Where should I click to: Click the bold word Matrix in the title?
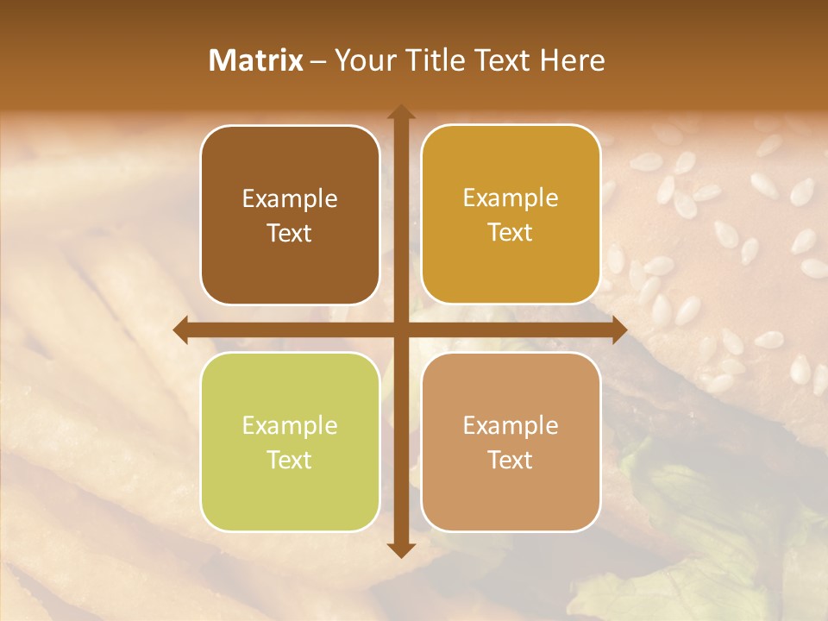256,60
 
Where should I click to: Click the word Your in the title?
362,60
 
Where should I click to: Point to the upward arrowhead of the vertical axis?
400,113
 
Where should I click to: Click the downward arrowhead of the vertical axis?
400,549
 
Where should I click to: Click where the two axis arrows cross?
400,329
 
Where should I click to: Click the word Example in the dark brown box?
290,199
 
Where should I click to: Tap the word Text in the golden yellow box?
511,233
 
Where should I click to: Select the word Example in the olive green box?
290,426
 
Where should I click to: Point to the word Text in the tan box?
511,461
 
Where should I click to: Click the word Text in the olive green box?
290,461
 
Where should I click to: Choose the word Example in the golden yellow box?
511,198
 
